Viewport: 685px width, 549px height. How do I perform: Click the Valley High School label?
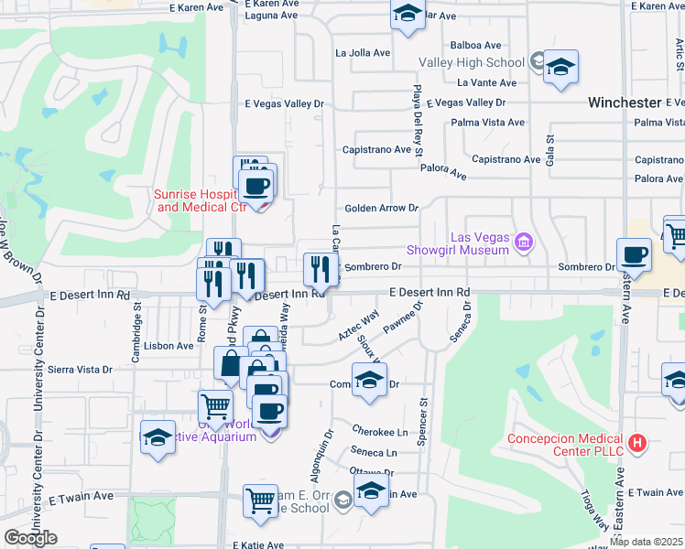[x=471, y=63]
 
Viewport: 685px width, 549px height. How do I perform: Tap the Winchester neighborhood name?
[x=624, y=102]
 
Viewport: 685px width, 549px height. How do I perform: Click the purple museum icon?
[x=523, y=242]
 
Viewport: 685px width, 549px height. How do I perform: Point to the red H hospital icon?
[x=638, y=444]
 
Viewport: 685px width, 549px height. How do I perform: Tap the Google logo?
[x=30, y=537]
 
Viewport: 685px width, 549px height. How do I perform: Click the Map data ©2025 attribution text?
[x=646, y=542]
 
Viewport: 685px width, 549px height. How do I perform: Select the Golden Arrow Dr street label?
[x=381, y=209]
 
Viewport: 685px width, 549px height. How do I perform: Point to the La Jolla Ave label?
[x=363, y=53]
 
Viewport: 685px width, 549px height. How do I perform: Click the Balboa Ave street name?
[x=476, y=45]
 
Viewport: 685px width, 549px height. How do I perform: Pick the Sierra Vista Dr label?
[x=82, y=370]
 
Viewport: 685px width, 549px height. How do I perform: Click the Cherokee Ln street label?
[x=379, y=431]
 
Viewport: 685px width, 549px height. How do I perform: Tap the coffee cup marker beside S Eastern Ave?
[x=633, y=254]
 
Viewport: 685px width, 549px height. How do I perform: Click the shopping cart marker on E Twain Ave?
[x=260, y=501]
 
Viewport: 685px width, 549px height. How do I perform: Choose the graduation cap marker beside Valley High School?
[x=560, y=68]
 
